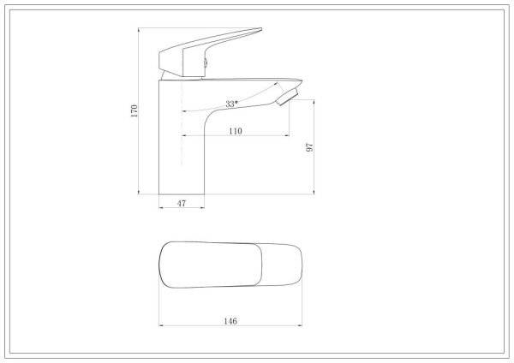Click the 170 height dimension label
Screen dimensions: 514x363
tap(134, 111)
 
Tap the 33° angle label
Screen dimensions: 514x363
tap(231, 104)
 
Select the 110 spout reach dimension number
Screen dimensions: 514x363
tap(236, 131)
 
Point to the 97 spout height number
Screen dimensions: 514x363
tap(309, 147)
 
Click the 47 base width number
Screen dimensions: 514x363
tap(182, 204)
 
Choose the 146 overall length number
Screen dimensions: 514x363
tap(230, 321)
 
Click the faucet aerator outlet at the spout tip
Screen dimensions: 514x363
tap(288, 97)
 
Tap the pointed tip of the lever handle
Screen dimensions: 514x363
tap(261, 29)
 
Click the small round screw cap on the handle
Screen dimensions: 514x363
tap(206, 62)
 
